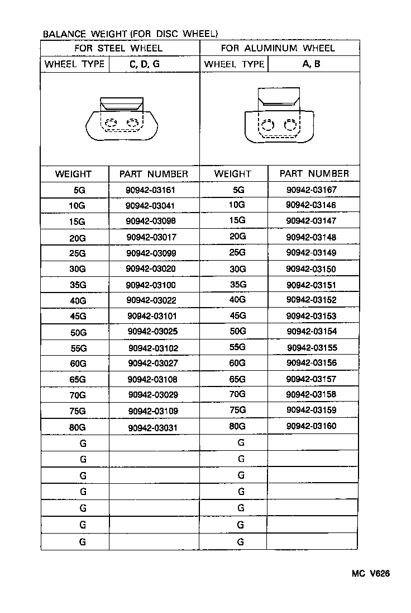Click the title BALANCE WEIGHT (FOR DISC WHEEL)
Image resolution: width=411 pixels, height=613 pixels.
(130, 34)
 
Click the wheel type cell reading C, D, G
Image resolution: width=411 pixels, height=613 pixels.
(145, 64)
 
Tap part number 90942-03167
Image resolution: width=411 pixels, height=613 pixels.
(311, 190)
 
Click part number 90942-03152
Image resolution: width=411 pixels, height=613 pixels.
(311, 300)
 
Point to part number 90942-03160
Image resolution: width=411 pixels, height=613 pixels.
(311, 426)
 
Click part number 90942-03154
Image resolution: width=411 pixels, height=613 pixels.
(311, 332)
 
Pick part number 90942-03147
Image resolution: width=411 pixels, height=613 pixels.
(311, 221)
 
